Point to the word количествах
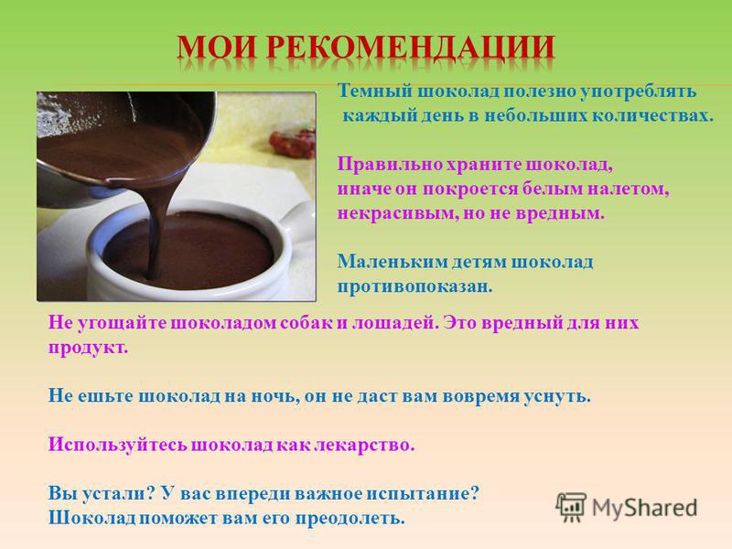tap(653, 115)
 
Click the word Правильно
tap(390, 165)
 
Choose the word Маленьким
tap(393, 262)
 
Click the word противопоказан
tap(415, 286)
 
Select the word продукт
tap(88, 348)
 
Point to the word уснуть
tap(557, 396)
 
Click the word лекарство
tap(364, 445)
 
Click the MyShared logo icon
tap(571, 507)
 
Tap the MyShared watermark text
tap(645, 508)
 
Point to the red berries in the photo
tap(293, 144)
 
